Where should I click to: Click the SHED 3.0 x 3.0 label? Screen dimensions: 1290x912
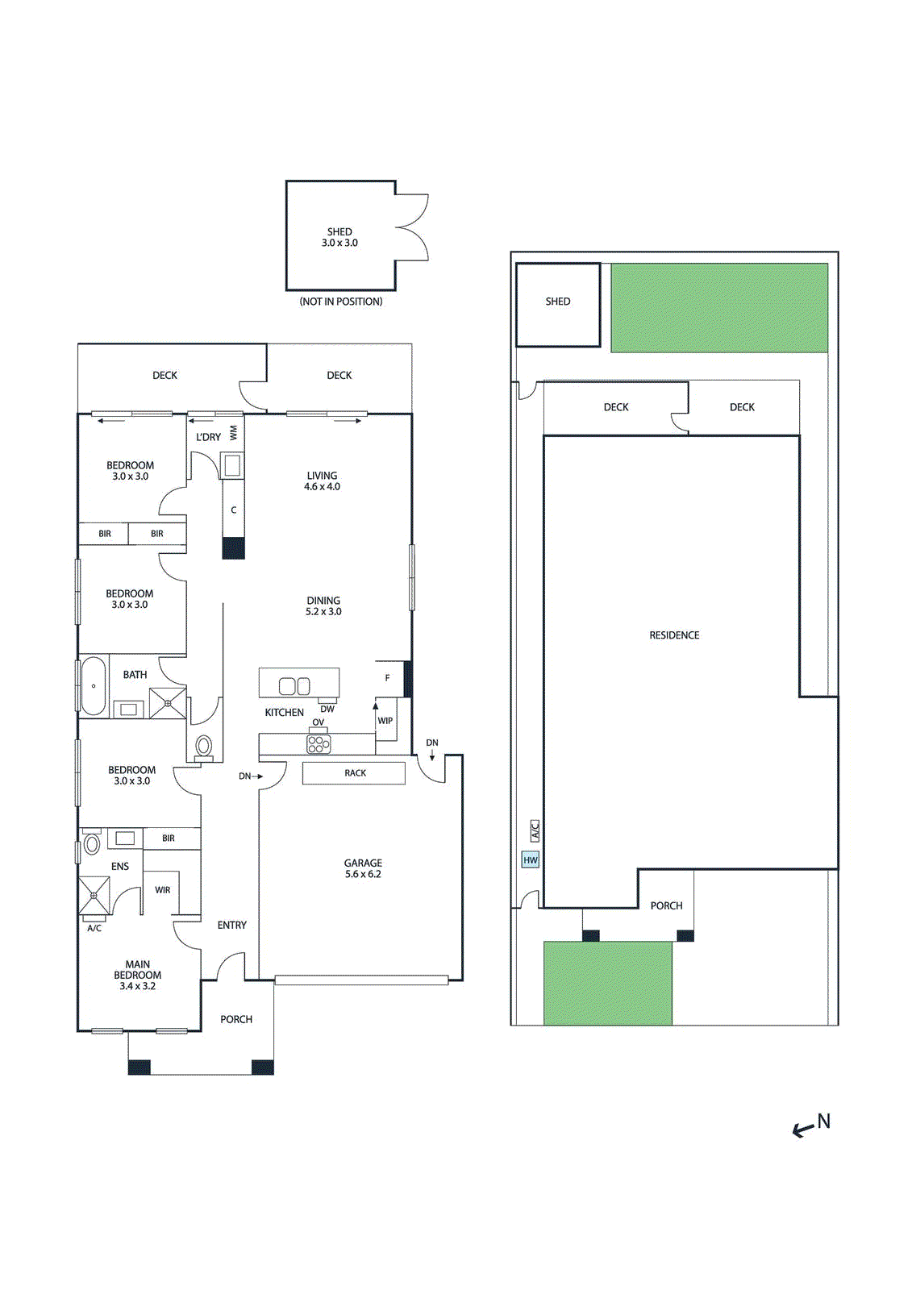[x=339, y=237]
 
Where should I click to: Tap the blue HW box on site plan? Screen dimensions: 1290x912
[x=530, y=860]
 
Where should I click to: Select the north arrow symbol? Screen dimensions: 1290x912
[x=810, y=1126]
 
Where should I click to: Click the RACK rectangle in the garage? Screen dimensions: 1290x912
[x=354, y=773]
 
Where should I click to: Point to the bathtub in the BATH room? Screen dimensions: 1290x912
[x=94, y=686]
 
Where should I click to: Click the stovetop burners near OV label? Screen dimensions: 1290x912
[x=319, y=743]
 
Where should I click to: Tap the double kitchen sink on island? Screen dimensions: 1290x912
[x=294, y=686]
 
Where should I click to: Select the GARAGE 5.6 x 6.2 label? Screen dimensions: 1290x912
[x=363, y=868]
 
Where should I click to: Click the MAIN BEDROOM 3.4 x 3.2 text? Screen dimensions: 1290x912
[x=137, y=975]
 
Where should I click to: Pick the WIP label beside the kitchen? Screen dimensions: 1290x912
[x=385, y=721]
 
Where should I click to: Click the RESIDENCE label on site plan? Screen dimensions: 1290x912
[x=674, y=635]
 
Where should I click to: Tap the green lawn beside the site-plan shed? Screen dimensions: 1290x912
[x=719, y=308]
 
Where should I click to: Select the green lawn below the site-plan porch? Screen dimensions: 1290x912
[x=607, y=983]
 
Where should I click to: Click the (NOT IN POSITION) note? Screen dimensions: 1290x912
[x=341, y=302]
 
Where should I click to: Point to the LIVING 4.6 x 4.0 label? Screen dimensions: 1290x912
[x=322, y=481]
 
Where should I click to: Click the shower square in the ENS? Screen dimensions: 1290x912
[x=94, y=895]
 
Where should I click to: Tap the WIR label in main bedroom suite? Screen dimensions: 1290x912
[x=163, y=890]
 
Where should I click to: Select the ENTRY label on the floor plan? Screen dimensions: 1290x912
[x=231, y=925]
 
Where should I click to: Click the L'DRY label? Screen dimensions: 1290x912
[x=208, y=437]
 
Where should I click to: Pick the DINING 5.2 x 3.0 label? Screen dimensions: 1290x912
[x=323, y=606]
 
